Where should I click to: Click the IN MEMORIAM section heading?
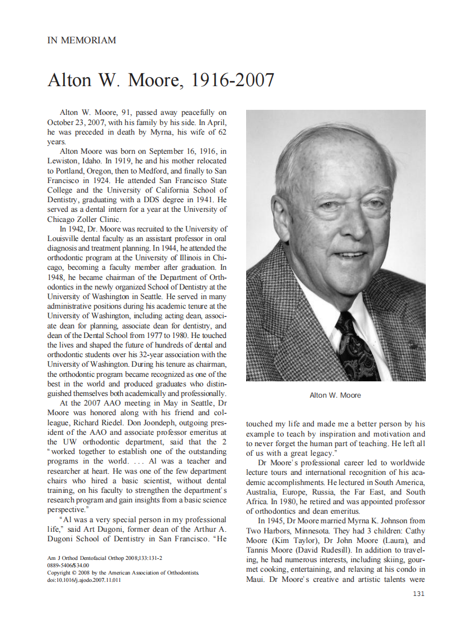[82, 41]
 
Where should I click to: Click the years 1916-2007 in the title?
[233, 81]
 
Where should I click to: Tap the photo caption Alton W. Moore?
[335, 395]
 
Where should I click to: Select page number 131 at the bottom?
[418, 594]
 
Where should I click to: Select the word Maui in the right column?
[257, 580]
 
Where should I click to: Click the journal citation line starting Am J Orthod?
[105, 558]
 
